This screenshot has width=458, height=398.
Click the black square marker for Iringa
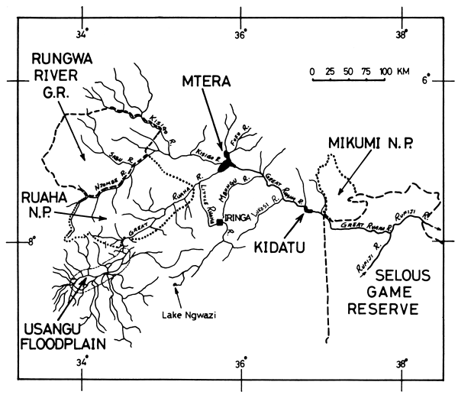tap(221, 222)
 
